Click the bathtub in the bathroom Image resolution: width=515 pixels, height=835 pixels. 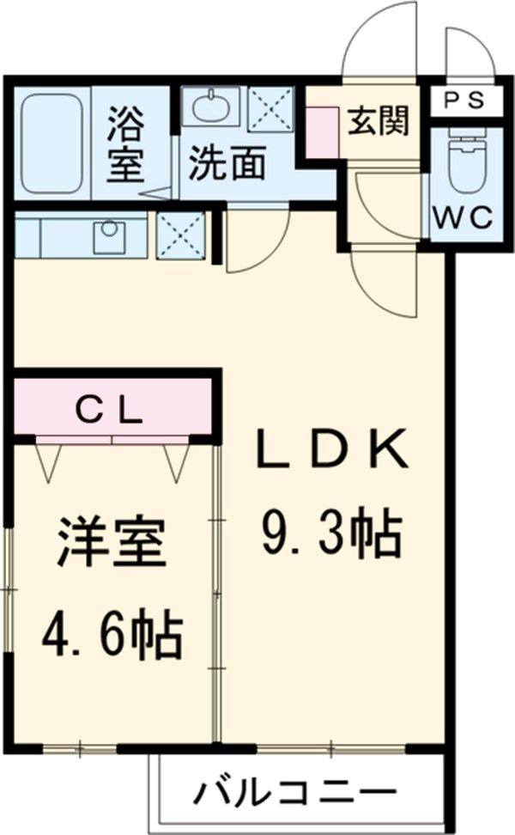[x=51, y=143]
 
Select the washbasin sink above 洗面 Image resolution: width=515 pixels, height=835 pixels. [x=211, y=108]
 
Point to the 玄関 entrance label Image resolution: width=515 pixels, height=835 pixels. [x=378, y=122]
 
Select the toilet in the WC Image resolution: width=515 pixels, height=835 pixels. [x=467, y=163]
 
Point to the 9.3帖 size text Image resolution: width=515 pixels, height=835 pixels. [x=330, y=534]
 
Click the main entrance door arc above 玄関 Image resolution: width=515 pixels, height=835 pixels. [x=378, y=43]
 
